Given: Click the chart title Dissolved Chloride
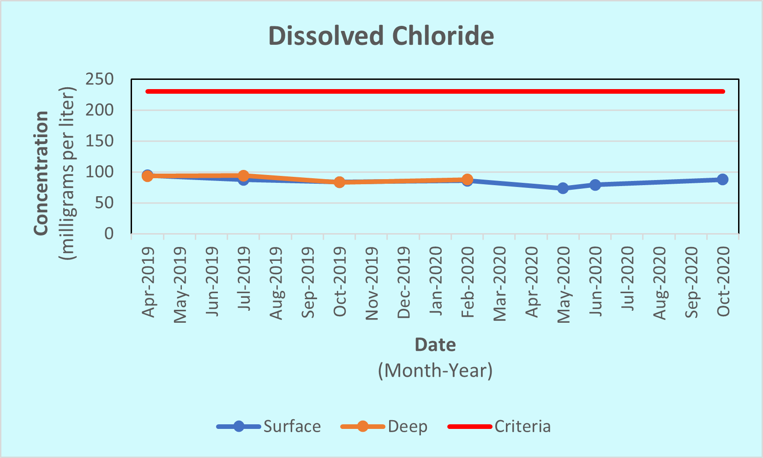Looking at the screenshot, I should [x=381, y=36].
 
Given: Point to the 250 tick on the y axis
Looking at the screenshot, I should [x=99, y=79].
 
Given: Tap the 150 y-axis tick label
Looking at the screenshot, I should [x=99, y=141].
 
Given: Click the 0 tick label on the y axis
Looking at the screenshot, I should [x=108, y=234].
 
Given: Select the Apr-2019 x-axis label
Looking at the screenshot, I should [x=148, y=282].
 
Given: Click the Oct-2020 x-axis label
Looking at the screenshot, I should [x=723, y=281].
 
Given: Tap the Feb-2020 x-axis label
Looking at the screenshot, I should [x=468, y=282].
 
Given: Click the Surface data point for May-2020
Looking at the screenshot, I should [x=563, y=188].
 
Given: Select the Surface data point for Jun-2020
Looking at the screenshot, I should [x=595, y=185].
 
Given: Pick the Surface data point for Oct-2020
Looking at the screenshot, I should [x=722, y=179].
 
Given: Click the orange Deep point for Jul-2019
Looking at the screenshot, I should [x=243, y=175].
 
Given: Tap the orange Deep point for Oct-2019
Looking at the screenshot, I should [x=339, y=182].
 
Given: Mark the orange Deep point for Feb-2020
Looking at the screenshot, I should [x=467, y=179].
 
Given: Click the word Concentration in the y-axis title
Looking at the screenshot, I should [x=42, y=173].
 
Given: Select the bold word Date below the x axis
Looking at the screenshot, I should [x=435, y=345].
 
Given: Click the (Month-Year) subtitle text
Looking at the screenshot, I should [x=435, y=370].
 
